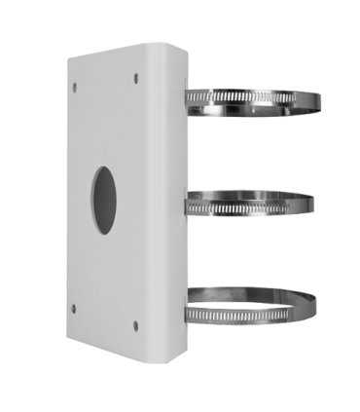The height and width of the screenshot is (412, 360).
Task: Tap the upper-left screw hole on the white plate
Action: click(x=74, y=88)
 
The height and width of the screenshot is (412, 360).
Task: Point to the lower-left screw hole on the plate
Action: click(x=74, y=308)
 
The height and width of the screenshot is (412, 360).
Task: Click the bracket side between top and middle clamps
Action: click(x=173, y=146)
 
